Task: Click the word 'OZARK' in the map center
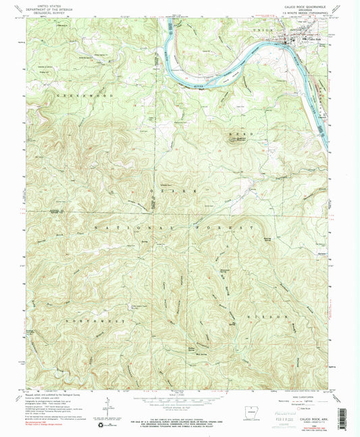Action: coord(178,192)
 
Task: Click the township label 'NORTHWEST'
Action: coord(73,302)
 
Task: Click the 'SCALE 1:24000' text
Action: coord(177,394)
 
